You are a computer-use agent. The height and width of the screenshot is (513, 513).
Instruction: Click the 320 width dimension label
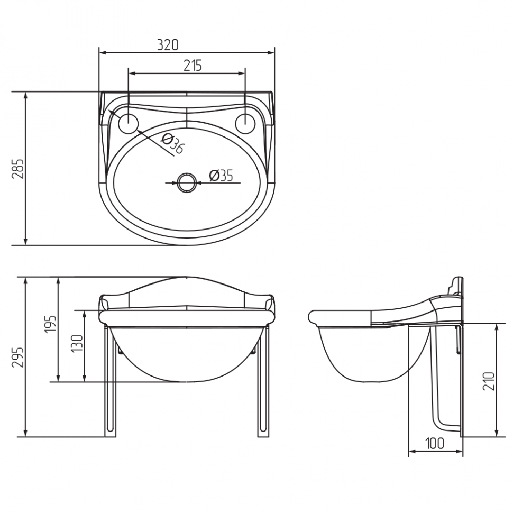168,45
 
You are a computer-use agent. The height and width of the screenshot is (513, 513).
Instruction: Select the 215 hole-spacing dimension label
193,66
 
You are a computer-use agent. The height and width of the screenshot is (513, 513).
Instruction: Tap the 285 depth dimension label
18,169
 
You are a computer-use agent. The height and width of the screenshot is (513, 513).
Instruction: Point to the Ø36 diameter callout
173,144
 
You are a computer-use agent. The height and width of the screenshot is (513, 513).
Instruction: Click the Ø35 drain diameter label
221,176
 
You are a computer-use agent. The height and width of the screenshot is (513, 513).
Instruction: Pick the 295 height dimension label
18,357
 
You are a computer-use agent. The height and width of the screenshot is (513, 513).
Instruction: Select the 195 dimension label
51,324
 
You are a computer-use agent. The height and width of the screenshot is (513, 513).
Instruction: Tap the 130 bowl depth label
77,343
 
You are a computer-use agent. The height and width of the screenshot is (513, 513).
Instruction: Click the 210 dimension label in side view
489,381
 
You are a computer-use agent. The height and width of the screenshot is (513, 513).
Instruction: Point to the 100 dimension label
435,444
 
